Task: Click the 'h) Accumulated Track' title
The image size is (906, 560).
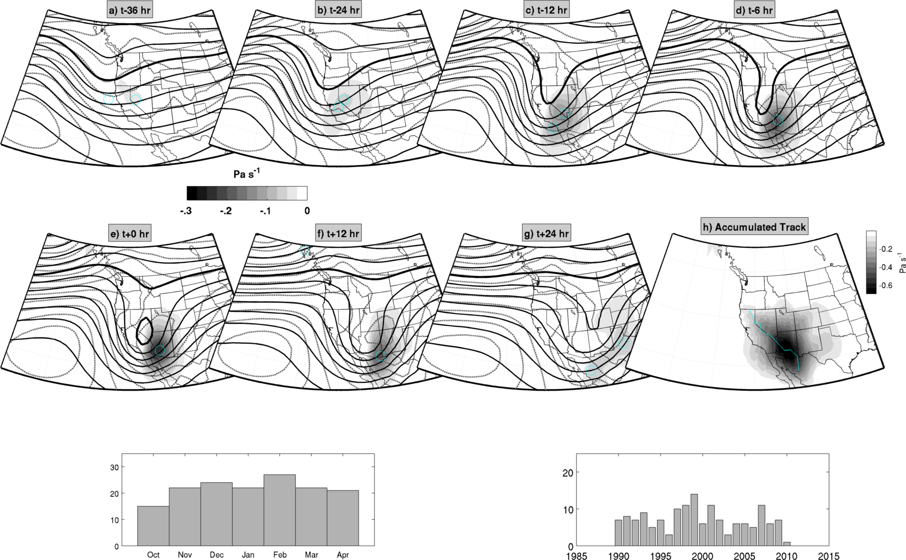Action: tap(755, 227)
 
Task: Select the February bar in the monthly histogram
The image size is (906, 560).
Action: tap(279, 510)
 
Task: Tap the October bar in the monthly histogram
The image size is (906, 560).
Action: tap(153, 526)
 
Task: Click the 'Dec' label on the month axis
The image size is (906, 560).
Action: tap(216, 555)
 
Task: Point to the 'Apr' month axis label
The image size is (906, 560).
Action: tap(343, 555)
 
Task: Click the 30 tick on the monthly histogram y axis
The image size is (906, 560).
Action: tap(113, 467)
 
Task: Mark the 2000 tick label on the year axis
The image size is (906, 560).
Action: tap(702, 556)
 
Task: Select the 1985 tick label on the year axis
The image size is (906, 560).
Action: tap(576, 556)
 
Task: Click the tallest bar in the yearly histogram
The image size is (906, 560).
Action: tap(694, 520)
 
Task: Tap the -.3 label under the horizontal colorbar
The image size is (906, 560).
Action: tap(186, 211)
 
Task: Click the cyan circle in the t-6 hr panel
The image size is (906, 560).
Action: tap(778, 121)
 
